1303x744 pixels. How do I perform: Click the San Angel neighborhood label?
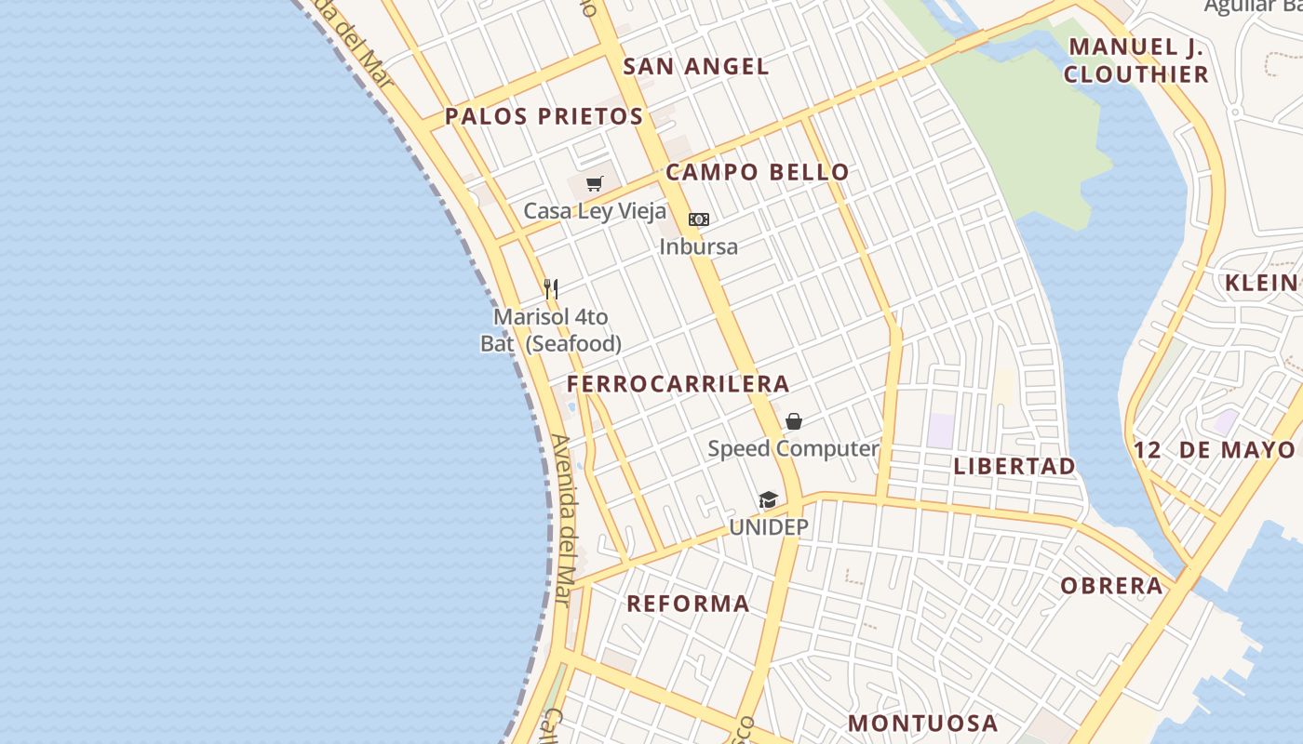696,66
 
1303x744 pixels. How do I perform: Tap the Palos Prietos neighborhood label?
544,116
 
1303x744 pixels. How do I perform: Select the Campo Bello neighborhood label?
757,172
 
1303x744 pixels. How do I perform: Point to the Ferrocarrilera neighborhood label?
678,383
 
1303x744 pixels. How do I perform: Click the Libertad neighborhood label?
1014,466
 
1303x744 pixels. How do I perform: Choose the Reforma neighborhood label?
688,604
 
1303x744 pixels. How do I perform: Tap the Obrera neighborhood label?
1112,586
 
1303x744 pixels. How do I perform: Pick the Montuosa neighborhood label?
922,723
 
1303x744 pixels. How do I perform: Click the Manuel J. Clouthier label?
1136,60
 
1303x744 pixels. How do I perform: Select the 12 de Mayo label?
1215,450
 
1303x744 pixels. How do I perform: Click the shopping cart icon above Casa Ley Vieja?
595,184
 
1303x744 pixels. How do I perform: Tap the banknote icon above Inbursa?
699,219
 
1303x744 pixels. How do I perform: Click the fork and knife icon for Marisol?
551,288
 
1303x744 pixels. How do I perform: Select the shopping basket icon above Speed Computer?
794,421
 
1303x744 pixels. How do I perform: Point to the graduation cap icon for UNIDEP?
768,500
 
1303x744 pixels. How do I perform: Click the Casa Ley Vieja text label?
595,211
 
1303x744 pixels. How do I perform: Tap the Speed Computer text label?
793,448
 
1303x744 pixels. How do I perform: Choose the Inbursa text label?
698,246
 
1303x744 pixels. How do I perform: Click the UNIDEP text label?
769,527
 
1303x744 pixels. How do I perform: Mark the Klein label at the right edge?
1262,283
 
